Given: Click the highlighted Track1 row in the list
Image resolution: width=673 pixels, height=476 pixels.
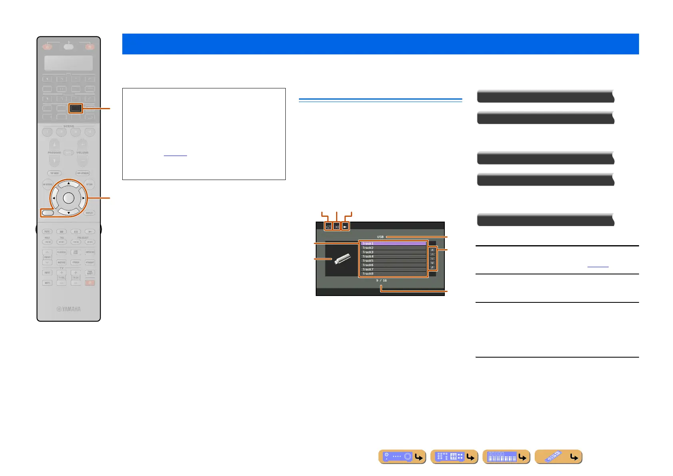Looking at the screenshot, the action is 393,243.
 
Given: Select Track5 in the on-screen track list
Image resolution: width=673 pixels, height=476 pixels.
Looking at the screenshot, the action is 393,261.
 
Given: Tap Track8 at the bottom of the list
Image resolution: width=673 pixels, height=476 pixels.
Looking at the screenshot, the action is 393,274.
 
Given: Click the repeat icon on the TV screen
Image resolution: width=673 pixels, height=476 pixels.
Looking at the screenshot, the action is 329,227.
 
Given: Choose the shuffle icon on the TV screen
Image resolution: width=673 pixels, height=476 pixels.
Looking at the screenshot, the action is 337,227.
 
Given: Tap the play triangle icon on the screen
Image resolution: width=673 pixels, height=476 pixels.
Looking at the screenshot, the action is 345,227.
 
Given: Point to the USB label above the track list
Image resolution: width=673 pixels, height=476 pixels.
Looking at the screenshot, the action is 380,237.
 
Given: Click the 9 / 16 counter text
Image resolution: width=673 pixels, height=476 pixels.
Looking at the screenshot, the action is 381,280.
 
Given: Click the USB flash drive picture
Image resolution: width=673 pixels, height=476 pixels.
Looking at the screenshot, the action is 342,259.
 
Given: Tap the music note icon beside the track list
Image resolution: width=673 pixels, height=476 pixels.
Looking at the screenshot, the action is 432,267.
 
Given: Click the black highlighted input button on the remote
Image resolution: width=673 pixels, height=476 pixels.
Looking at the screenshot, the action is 76,108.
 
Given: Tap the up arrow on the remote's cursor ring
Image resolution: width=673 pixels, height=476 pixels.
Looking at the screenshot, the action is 69,183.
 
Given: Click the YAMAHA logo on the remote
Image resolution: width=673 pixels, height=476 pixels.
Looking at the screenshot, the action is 69,309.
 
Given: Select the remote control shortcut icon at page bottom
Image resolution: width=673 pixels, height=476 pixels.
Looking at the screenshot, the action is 558,457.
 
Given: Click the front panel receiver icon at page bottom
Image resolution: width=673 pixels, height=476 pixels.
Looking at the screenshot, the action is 402,457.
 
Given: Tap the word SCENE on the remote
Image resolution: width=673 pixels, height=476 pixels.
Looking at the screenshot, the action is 69,126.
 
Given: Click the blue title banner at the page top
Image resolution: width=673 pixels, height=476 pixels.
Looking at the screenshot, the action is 380,44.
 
